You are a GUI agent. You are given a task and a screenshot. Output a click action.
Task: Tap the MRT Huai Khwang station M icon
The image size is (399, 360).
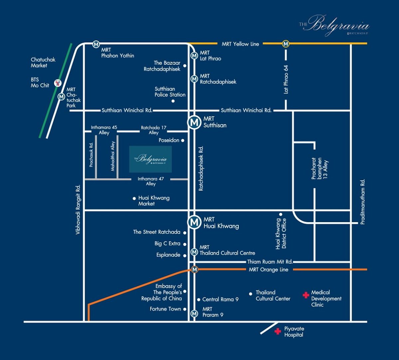point(194,222)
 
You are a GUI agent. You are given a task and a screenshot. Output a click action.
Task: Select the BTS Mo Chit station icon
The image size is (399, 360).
point(58,83)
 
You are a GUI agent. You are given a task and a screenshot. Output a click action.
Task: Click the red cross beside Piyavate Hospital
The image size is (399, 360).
point(278,331)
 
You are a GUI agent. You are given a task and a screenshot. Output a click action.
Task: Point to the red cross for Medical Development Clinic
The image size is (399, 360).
point(306,295)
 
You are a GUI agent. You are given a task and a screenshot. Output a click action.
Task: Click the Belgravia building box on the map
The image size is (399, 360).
point(150,159)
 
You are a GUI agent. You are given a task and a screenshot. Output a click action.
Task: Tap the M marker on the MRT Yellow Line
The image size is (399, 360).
point(286,44)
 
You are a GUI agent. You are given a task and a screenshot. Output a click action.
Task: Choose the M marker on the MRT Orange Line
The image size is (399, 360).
point(195,269)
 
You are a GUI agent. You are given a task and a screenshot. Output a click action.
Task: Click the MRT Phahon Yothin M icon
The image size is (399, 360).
point(96,44)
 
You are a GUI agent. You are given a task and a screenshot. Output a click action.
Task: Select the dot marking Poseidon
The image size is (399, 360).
point(183,140)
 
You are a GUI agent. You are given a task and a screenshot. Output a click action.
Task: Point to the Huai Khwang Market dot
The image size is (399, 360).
point(134,198)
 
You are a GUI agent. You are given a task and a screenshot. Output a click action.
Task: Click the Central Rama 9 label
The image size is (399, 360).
point(220,300)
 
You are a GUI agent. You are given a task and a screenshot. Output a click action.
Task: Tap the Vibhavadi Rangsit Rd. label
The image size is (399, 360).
point(78,210)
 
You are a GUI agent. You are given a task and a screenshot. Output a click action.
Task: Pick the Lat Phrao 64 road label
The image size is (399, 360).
point(286,79)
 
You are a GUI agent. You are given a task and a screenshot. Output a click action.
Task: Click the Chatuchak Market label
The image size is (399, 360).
point(43,62)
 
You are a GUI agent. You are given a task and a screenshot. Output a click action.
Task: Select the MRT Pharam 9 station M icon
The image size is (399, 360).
point(194,314)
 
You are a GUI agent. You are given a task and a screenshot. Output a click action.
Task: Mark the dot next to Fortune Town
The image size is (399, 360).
point(185,309)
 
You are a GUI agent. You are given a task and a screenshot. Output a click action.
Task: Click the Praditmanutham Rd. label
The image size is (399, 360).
point(363,202)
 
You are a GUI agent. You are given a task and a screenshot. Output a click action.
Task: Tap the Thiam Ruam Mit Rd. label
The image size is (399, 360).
point(270,262)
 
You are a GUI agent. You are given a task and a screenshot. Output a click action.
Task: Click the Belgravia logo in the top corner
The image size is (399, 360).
point(334,26)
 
